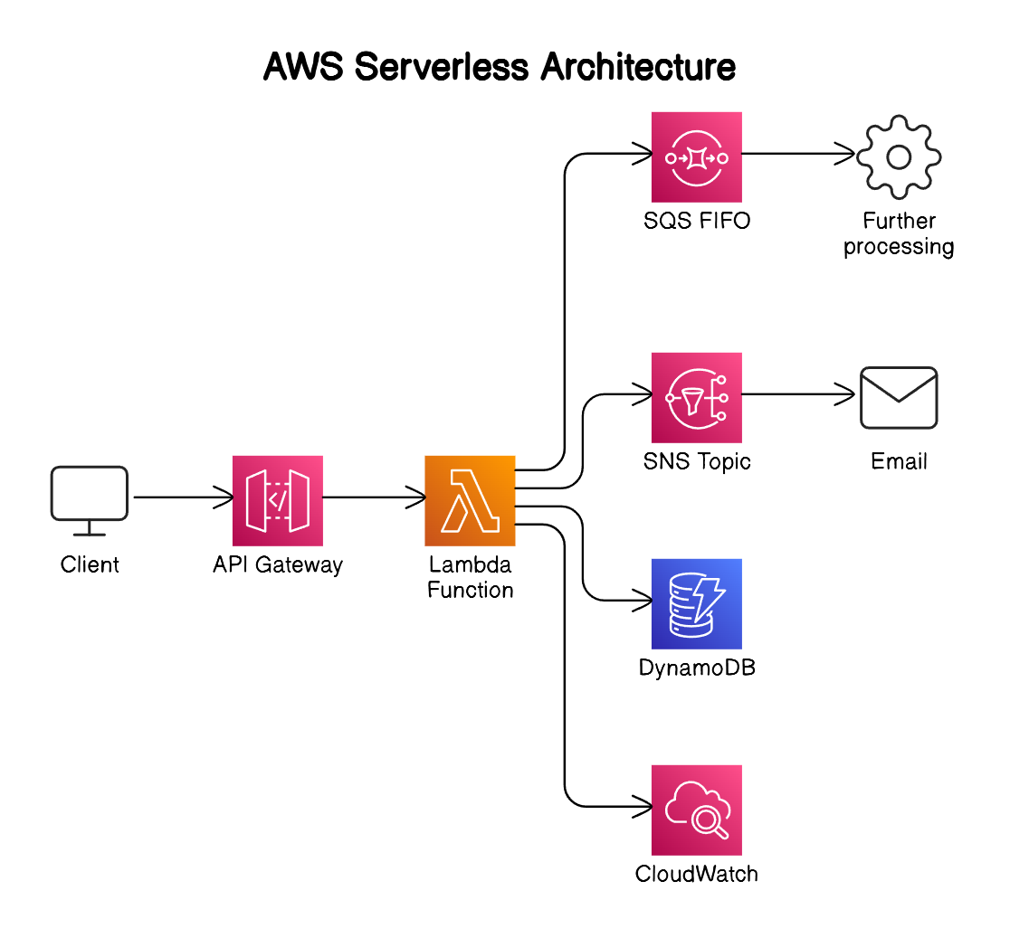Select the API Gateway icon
coord(278,500)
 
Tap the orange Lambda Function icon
coord(470,500)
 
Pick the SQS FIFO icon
coord(696,156)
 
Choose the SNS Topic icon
coord(696,397)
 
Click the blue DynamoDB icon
coord(696,603)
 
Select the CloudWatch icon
coord(696,810)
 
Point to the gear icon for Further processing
coord(899,157)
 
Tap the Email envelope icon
coord(899,397)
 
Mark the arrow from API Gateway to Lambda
coord(373,497)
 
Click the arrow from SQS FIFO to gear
coord(796,154)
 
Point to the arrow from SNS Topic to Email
coord(796,394)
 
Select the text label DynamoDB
coord(696,668)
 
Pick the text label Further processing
coord(899,233)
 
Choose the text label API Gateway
coord(278,565)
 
